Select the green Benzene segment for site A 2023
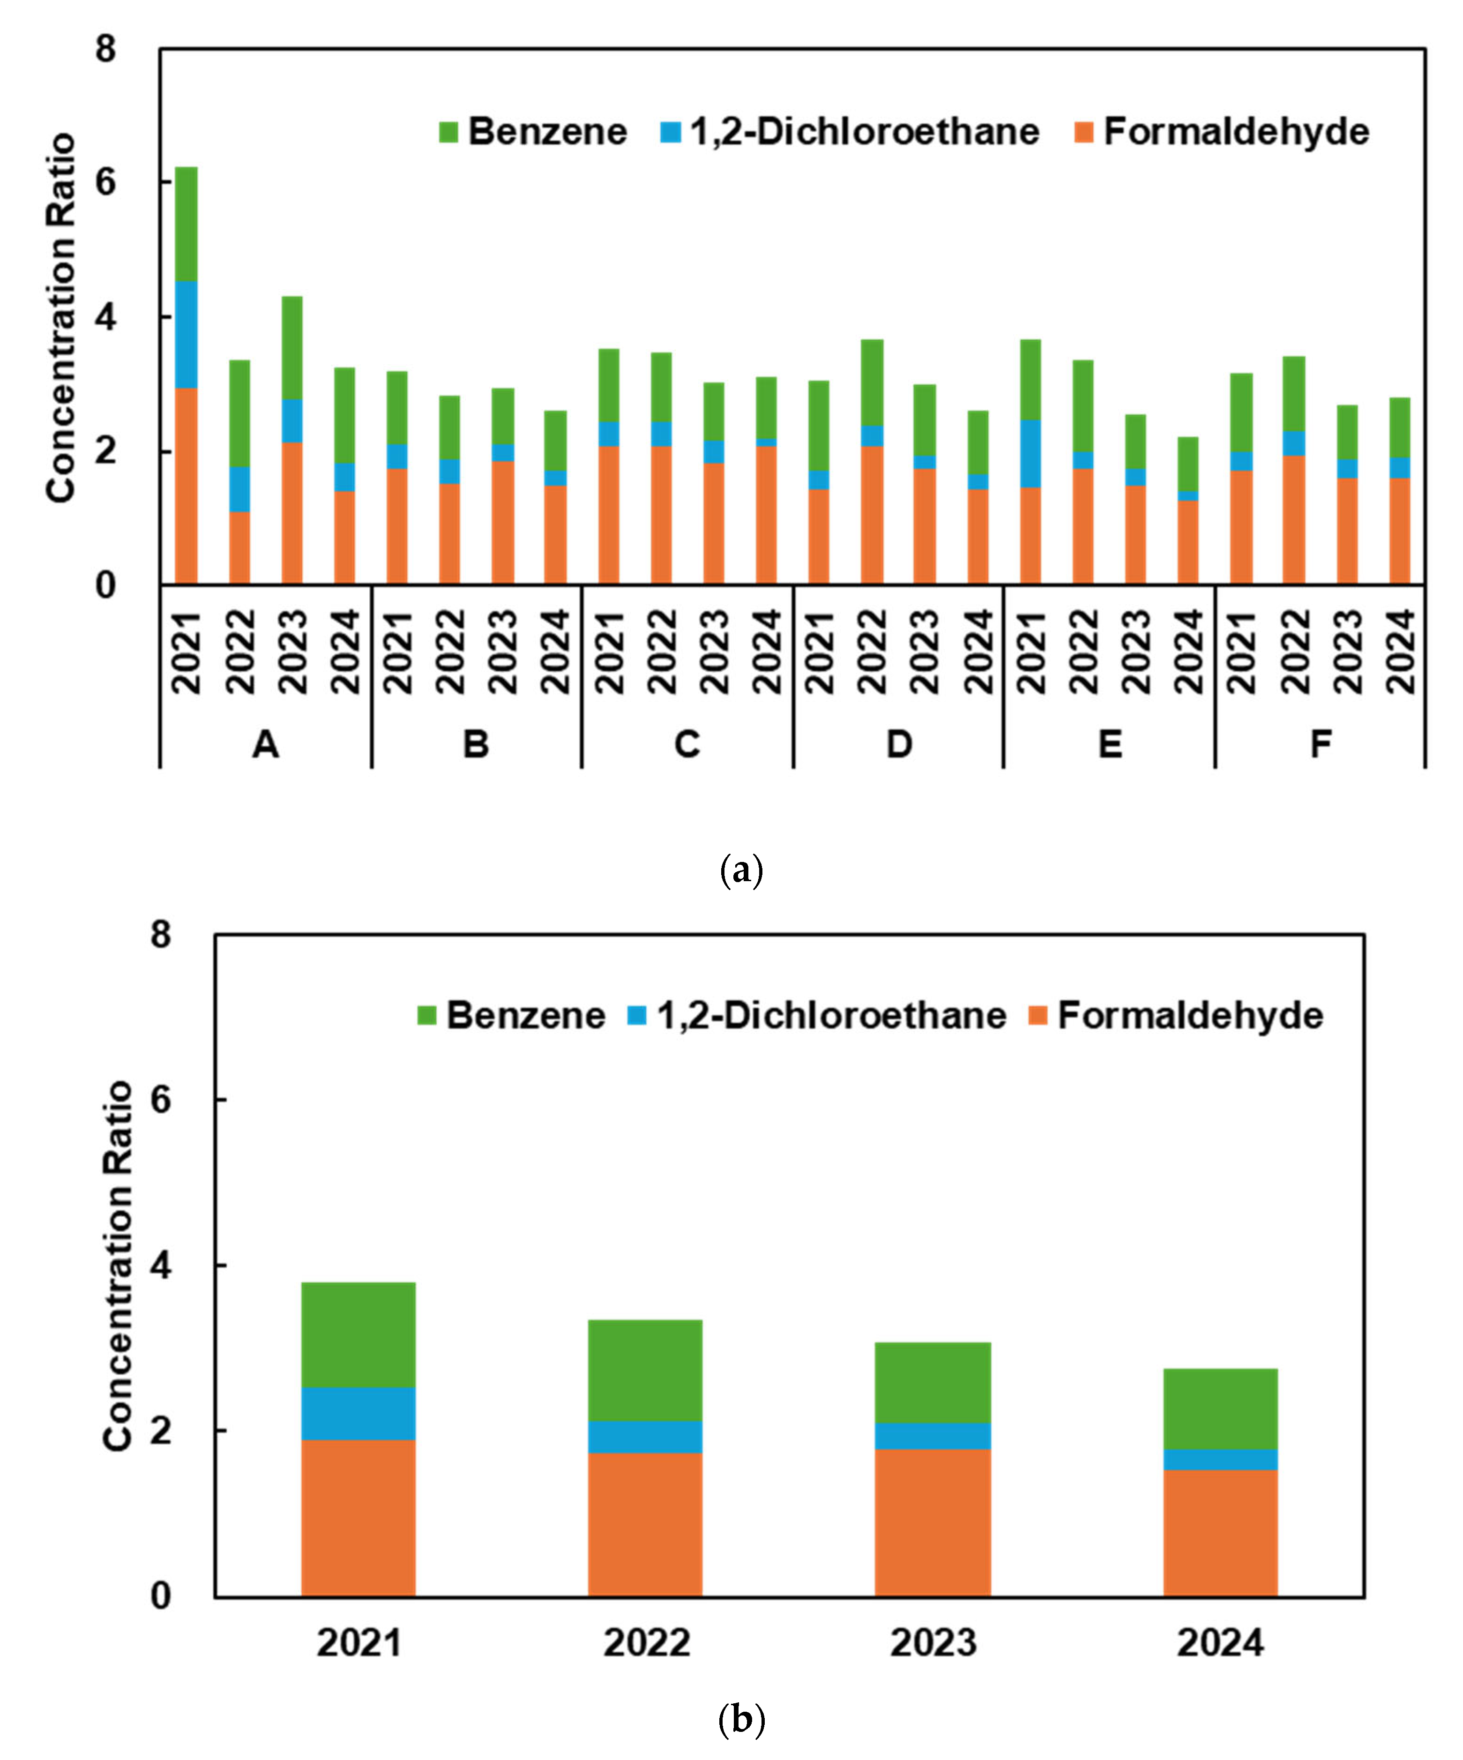[291, 348]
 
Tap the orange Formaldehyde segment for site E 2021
[1030, 536]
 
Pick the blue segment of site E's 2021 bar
[1030, 453]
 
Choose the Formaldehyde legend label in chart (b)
[1190, 1016]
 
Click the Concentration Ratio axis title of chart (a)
[60, 318]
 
